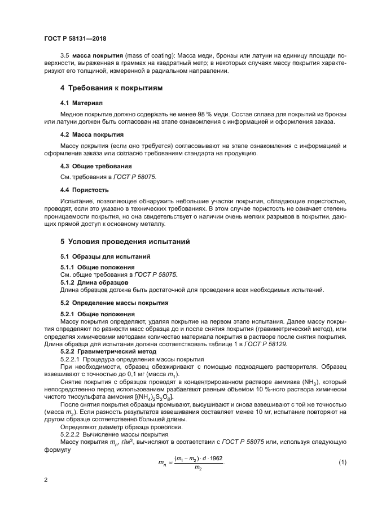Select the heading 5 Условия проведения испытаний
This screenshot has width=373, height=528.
pyautogui.click(x=125, y=242)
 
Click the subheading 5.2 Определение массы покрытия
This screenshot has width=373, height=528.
pyautogui.click(x=107, y=303)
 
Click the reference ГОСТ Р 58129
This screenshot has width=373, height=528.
pyautogui.click(x=284, y=343)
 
